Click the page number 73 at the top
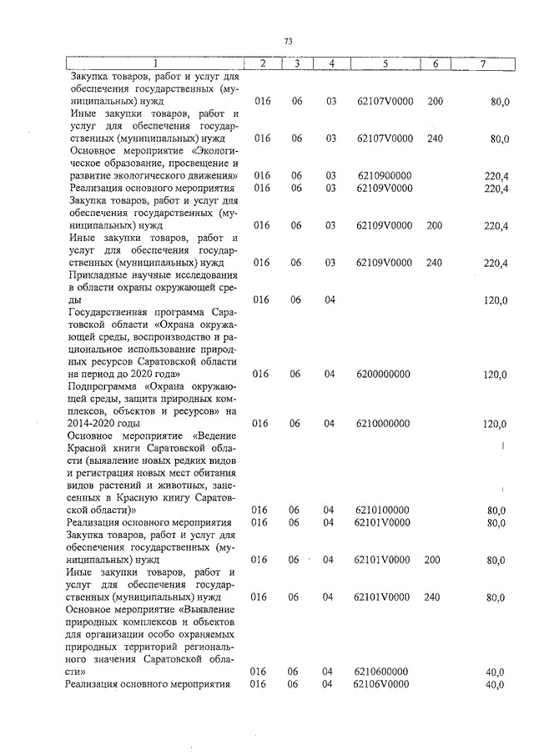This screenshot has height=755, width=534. [288, 40]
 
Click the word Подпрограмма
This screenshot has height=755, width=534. [103, 387]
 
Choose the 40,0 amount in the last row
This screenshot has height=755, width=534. [496, 685]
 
